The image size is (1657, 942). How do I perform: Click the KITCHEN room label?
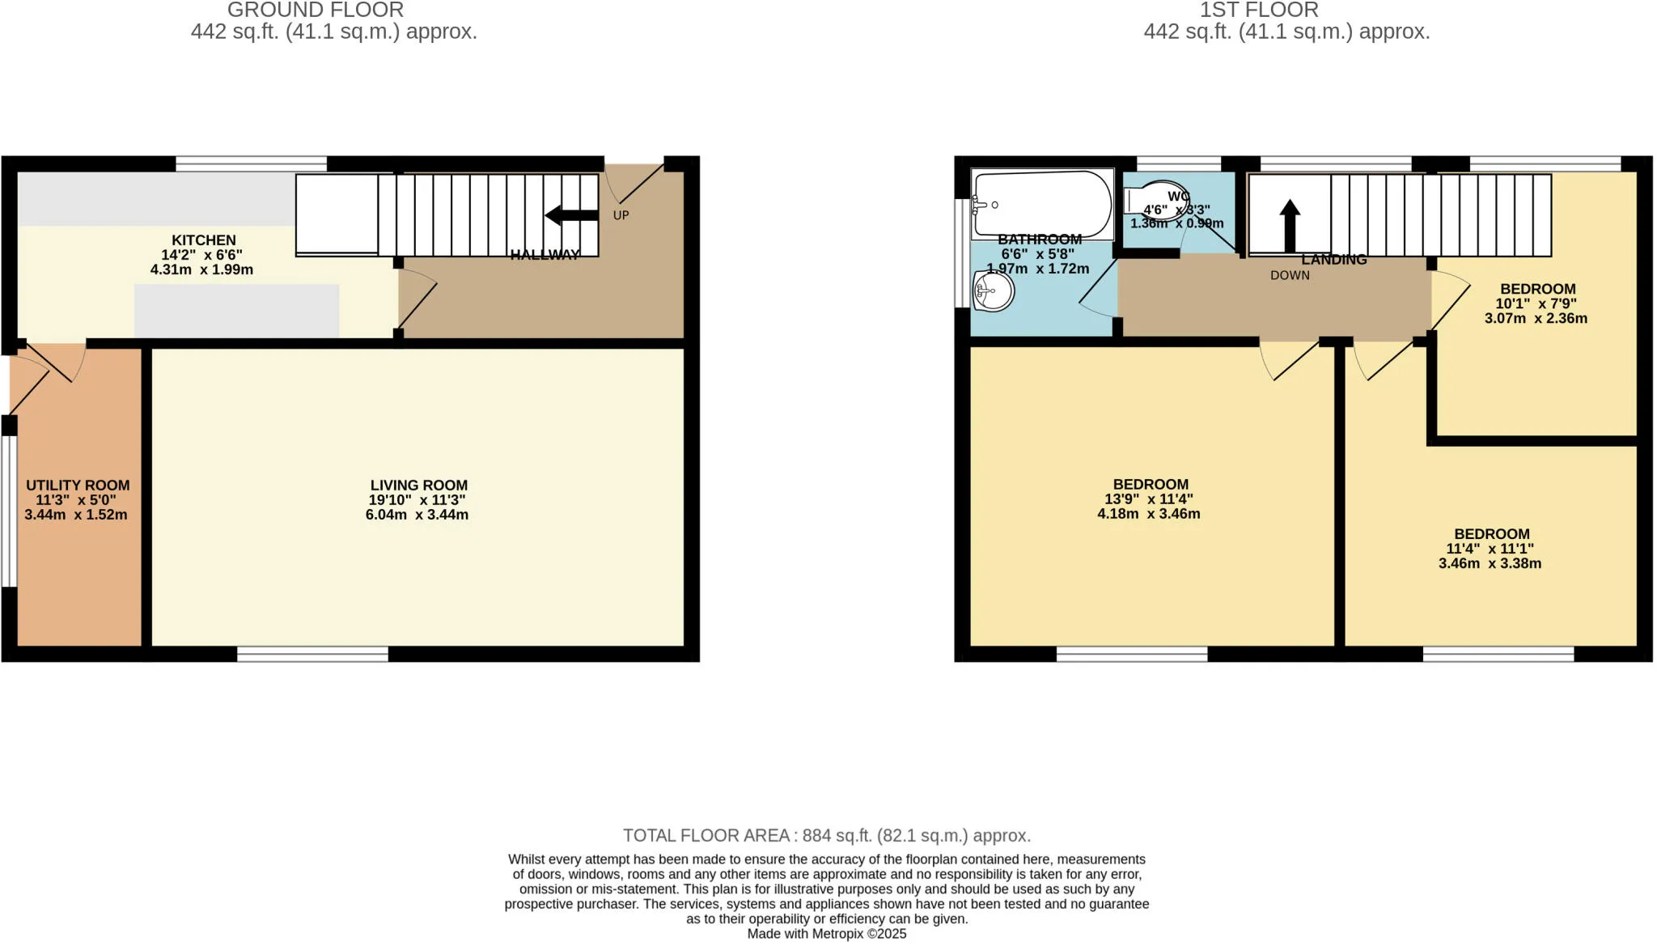click(204, 240)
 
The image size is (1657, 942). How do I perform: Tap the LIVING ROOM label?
click(418, 486)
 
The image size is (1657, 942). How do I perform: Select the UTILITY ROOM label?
click(78, 486)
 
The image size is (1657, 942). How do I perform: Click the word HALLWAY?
click(545, 255)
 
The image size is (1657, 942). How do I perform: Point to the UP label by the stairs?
click(621, 215)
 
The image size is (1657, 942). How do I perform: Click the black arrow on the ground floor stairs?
click(571, 215)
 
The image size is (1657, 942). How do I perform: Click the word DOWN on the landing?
click(1290, 275)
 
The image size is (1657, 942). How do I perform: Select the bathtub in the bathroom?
click(1042, 204)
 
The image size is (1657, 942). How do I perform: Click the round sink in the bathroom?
click(994, 291)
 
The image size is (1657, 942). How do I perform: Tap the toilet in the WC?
click(1153, 199)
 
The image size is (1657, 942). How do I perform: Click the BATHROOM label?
click(1040, 240)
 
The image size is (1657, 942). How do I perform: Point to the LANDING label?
click(1334, 260)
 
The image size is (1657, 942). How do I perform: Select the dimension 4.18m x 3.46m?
click(1149, 514)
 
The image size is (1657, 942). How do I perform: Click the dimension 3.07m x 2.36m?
click(1536, 319)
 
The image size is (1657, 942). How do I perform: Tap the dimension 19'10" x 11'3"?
click(417, 500)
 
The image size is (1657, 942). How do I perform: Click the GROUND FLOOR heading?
click(316, 11)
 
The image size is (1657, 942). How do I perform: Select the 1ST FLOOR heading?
click(1259, 11)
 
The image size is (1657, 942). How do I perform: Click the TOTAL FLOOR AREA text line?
click(826, 835)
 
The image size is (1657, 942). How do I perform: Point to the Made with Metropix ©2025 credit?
click(826, 934)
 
